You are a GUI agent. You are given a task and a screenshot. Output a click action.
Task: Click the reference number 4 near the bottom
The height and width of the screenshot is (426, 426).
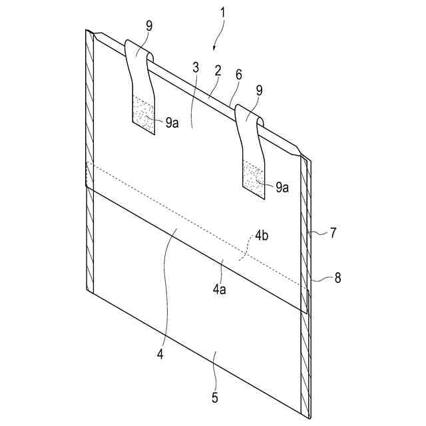pyautogui.click(x=160, y=355)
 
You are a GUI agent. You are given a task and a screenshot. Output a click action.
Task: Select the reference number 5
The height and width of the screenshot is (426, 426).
pyautogui.click(x=214, y=399)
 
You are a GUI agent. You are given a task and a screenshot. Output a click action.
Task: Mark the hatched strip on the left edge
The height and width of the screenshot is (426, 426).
pyautogui.click(x=90, y=166)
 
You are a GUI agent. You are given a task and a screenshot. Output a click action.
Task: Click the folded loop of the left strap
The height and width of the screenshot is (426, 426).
pyautogui.click(x=138, y=51)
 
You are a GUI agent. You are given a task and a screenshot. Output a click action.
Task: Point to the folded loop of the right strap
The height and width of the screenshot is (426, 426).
pyautogui.click(x=250, y=114)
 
